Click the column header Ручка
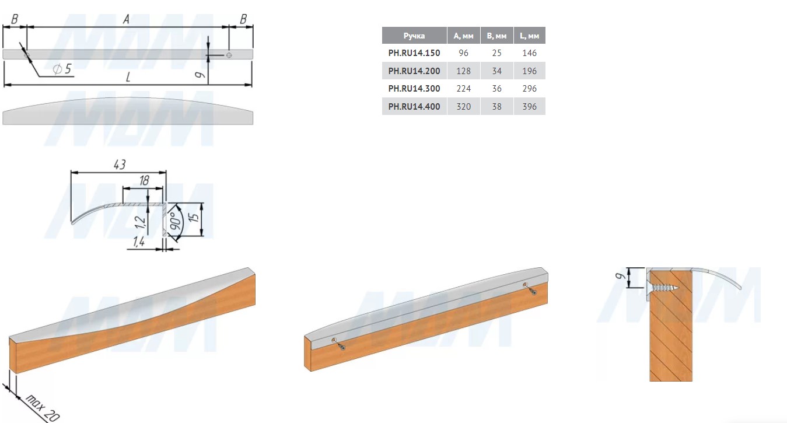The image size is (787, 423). [x=414, y=36]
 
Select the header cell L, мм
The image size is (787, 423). [x=529, y=36]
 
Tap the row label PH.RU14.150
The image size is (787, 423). [x=414, y=53]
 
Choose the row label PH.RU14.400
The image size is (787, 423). [x=414, y=106]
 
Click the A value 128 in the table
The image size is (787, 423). [x=463, y=71]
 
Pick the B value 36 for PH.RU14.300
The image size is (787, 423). [x=496, y=89]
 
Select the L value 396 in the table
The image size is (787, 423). [x=529, y=106]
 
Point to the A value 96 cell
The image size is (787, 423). [x=463, y=53]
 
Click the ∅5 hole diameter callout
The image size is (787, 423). [x=62, y=68]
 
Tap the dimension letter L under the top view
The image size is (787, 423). [x=128, y=77]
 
